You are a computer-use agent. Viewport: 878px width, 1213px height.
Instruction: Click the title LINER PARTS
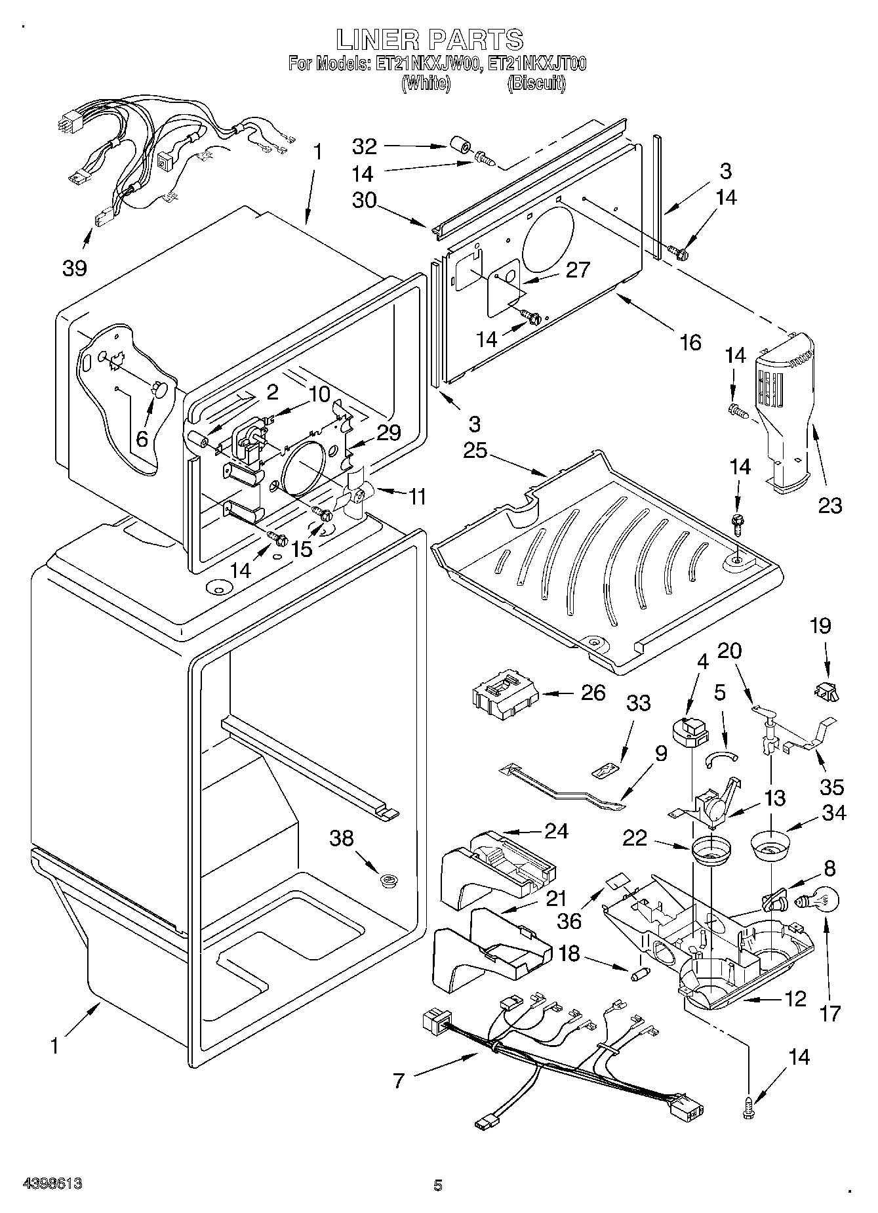tap(429, 39)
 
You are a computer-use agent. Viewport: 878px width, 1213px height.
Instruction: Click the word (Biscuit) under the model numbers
tap(536, 83)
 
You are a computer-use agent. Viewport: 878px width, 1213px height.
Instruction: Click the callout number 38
tap(342, 838)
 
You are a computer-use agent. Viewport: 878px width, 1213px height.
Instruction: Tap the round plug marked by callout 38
tap(389, 879)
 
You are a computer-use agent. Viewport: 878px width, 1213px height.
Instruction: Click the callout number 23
tap(829, 505)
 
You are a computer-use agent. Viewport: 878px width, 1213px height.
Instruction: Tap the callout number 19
tap(820, 625)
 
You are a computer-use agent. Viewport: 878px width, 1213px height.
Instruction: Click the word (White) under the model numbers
tap(426, 83)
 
